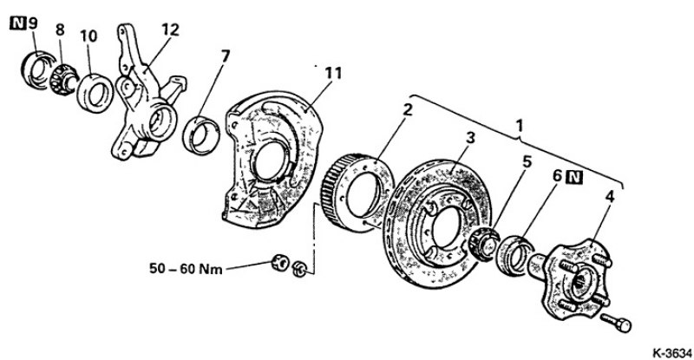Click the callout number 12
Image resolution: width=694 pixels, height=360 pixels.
click(x=170, y=29)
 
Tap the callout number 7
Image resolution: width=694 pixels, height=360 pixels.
click(x=226, y=56)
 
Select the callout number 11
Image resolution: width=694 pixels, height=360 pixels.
click(x=334, y=73)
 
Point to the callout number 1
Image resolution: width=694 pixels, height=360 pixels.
click(x=520, y=126)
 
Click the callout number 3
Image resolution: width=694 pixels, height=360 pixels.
click(x=470, y=138)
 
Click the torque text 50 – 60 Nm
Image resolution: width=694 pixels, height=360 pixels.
click(x=186, y=268)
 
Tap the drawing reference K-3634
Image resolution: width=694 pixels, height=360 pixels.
click(x=671, y=353)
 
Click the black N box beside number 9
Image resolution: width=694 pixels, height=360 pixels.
click(x=17, y=23)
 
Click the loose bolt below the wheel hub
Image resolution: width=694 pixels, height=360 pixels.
click(x=616, y=323)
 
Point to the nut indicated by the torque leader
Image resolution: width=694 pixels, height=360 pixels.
click(x=280, y=263)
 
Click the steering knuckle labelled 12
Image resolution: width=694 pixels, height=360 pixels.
click(x=145, y=95)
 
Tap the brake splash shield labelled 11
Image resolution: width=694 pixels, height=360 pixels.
click(x=273, y=160)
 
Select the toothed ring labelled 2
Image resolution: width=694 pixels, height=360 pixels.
click(x=361, y=193)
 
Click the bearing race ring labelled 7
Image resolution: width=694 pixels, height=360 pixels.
click(x=201, y=135)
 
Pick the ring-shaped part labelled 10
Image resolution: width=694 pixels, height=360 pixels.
click(x=95, y=94)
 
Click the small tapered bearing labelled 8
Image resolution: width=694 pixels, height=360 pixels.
click(x=63, y=80)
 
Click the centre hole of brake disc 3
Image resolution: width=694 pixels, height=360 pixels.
click(x=446, y=227)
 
